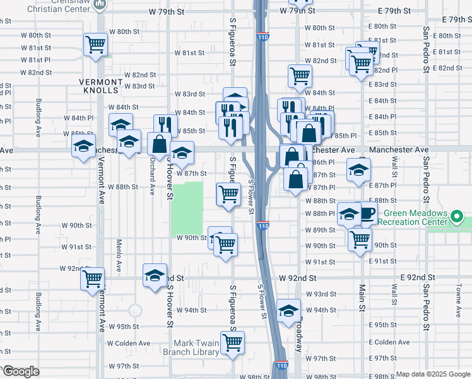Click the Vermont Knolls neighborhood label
tap(100, 86)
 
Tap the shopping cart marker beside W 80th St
tap(95, 44)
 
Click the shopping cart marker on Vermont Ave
tap(92, 278)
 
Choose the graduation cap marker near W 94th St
tap(288, 310)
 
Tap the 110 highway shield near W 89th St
tap(263, 226)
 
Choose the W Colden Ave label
tap(129, 344)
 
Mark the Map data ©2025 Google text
tap(432, 374)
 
